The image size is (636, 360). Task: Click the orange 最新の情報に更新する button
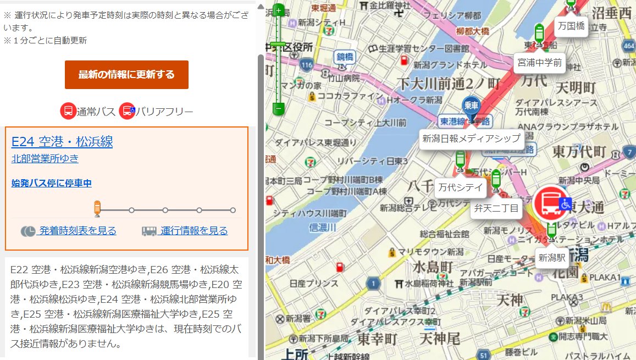126,75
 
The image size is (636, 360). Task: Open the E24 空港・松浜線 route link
62,142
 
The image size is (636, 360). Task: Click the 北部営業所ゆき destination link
45,159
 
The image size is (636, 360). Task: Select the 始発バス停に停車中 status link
52,183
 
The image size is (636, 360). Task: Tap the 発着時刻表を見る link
77,231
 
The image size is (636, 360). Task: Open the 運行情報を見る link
193,231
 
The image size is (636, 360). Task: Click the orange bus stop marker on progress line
97,208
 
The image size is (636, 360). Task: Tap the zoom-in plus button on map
279,10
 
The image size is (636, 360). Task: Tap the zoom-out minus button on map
279,109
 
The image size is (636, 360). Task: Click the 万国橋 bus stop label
571,26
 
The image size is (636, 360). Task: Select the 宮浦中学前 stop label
539,63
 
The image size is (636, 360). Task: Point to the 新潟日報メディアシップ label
471,139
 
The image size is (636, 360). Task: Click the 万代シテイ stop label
461,188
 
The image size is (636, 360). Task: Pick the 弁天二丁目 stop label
496,208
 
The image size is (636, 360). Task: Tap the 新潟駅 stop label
552,257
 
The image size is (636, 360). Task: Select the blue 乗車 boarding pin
471,106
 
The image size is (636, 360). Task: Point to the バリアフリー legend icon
128,112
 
